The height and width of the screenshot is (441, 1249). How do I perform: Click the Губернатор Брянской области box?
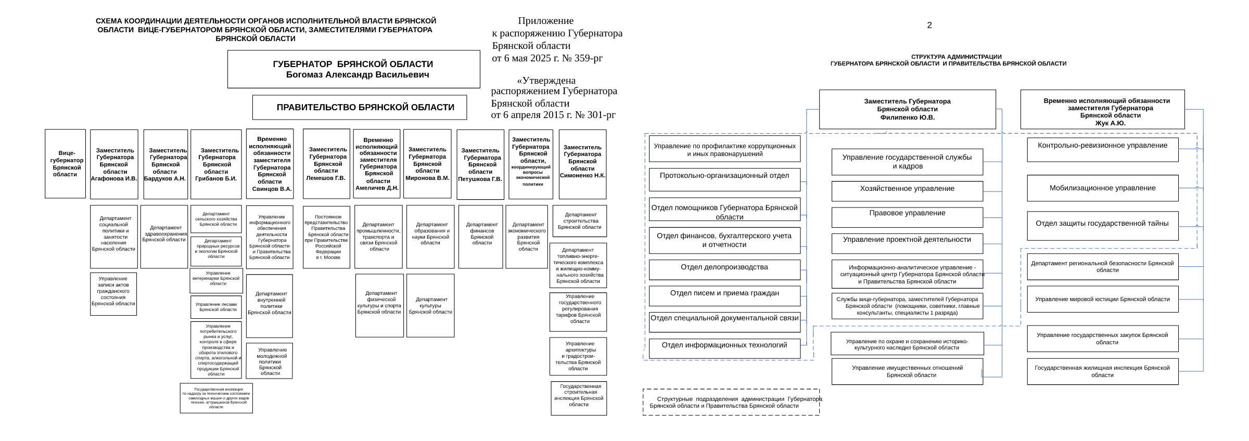click(x=353, y=69)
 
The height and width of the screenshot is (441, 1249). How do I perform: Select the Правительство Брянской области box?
click(x=360, y=107)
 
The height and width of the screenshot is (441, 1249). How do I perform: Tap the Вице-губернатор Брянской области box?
click(x=65, y=164)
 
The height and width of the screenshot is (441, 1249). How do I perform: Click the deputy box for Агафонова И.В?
click(x=114, y=164)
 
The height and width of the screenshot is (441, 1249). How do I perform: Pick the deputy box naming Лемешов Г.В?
click(x=326, y=164)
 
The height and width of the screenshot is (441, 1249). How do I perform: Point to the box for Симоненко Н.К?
click(x=582, y=164)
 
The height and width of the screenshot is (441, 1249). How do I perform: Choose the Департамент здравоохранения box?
click(x=164, y=237)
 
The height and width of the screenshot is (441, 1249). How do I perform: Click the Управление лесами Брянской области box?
click(x=216, y=307)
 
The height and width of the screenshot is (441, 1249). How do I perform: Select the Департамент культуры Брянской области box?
click(x=430, y=306)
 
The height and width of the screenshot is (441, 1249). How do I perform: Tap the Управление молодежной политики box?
click(x=270, y=361)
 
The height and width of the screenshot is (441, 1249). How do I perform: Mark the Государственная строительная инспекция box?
click(x=579, y=398)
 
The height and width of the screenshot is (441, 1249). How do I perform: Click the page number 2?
click(x=929, y=25)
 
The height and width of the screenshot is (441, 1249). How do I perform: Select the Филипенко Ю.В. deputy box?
click(x=907, y=109)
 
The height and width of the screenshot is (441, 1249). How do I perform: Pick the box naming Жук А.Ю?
click(x=1102, y=109)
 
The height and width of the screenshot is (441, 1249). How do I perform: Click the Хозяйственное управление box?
click(x=907, y=191)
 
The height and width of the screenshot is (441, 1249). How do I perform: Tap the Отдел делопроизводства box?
click(x=724, y=269)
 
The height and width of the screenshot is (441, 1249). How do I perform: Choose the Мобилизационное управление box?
click(x=1102, y=188)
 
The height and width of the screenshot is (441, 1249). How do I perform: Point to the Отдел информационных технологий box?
click(x=724, y=348)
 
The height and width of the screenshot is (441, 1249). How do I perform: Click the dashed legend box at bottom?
click(x=731, y=402)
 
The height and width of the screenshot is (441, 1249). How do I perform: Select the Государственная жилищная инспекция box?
click(x=1102, y=371)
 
